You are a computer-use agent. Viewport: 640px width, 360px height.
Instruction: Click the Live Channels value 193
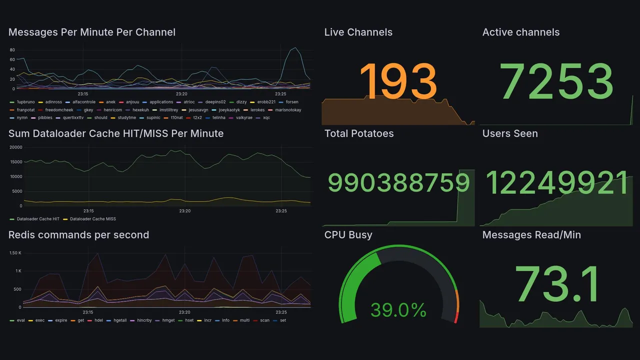(398, 82)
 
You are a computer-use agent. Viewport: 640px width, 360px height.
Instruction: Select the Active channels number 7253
(556, 82)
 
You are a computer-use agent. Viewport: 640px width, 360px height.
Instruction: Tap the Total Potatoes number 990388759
(398, 183)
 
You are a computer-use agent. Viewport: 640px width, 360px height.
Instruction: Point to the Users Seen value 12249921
(557, 183)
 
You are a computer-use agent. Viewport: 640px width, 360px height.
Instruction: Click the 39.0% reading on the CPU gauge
(398, 310)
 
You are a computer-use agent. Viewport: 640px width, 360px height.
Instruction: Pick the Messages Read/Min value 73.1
(556, 284)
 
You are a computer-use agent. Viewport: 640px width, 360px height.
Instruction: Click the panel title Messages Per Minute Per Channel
(92, 32)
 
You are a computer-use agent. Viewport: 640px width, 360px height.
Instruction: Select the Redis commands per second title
(78, 235)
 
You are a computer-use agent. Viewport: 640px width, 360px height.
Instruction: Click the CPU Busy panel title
(348, 235)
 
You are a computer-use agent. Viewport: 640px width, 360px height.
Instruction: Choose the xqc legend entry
(266, 118)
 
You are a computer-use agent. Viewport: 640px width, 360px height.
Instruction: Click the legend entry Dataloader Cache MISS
(92, 219)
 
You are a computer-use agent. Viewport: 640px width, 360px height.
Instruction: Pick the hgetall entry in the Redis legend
(120, 320)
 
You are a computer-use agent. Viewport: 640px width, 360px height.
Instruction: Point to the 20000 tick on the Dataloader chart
(15, 147)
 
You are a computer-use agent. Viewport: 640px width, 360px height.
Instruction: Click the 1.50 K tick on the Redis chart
(15, 253)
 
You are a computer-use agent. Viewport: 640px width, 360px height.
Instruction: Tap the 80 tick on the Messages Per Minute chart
(12, 50)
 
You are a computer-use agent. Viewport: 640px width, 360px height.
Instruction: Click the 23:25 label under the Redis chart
(281, 312)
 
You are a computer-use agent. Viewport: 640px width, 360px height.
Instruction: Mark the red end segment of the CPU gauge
(455, 317)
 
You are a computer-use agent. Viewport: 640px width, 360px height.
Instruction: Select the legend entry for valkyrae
(243, 118)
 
